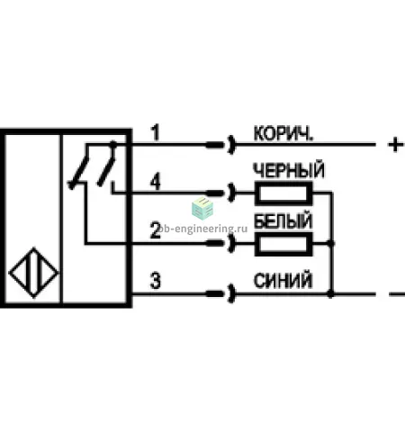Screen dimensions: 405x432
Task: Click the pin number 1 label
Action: tap(155, 133)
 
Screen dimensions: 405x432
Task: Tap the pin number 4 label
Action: tap(155, 182)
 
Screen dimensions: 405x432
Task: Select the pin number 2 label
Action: tap(155, 230)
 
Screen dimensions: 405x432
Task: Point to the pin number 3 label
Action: tap(155, 281)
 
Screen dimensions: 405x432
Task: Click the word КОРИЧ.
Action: tap(283, 134)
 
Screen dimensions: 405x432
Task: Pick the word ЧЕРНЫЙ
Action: tap(289, 170)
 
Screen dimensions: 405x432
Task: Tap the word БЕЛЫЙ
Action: tap(283, 221)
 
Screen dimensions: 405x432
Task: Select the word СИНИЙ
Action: tap(283, 281)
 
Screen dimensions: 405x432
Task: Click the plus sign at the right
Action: tap(396, 145)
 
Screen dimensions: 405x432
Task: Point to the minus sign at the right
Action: tap(397, 294)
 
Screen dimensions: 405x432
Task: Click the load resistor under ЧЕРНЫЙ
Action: tap(283, 193)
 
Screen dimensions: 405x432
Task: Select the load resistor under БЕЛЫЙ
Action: tap(283, 244)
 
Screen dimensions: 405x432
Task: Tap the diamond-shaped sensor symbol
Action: tap(33, 273)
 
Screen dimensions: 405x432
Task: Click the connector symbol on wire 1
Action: tap(220, 145)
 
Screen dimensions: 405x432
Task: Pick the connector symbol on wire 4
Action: tap(220, 193)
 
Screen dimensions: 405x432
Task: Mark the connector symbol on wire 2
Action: tap(220, 243)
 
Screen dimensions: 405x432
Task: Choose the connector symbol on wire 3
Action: tap(220, 293)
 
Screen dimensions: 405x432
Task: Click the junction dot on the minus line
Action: tap(330, 294)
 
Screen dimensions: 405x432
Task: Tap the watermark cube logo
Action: tap(202, 208)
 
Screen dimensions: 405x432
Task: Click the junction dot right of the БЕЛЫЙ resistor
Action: tap(330, 243)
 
